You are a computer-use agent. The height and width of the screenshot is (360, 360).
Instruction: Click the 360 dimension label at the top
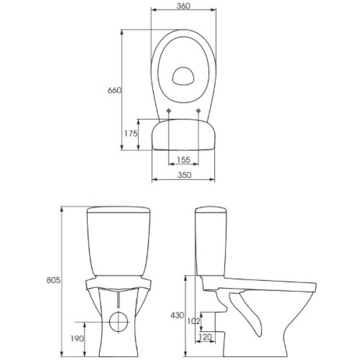coord(184,6)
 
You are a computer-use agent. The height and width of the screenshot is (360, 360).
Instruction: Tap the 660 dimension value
coord(114,91)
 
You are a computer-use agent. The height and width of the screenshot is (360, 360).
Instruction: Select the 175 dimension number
coord(131,133)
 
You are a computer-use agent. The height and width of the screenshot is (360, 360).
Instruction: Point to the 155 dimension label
coord(184,160)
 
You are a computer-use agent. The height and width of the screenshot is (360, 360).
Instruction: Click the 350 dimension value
coord(184,175)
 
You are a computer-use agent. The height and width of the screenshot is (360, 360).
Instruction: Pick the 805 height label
coord(53,280)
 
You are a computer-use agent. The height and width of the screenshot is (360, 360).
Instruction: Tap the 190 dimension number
coord(77,338)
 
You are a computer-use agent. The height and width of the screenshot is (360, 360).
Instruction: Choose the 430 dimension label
coord(177,315)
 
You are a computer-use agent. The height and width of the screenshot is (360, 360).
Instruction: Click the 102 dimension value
coord(194,321)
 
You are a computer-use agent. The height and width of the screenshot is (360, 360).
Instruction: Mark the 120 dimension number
coord(205,337)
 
